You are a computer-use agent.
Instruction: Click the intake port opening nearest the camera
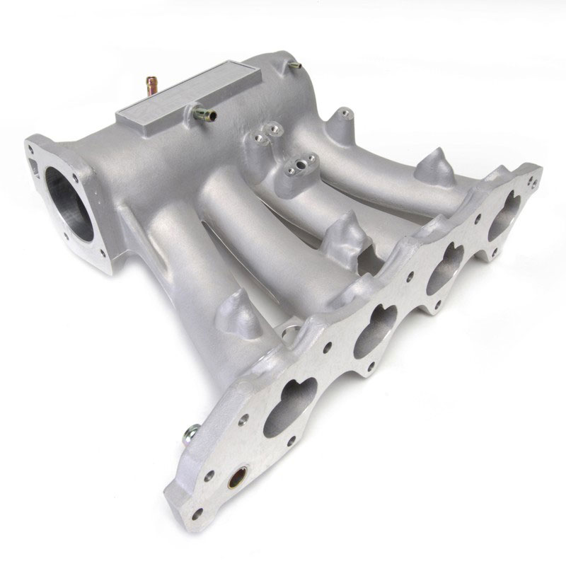click(x=291, y=404)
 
